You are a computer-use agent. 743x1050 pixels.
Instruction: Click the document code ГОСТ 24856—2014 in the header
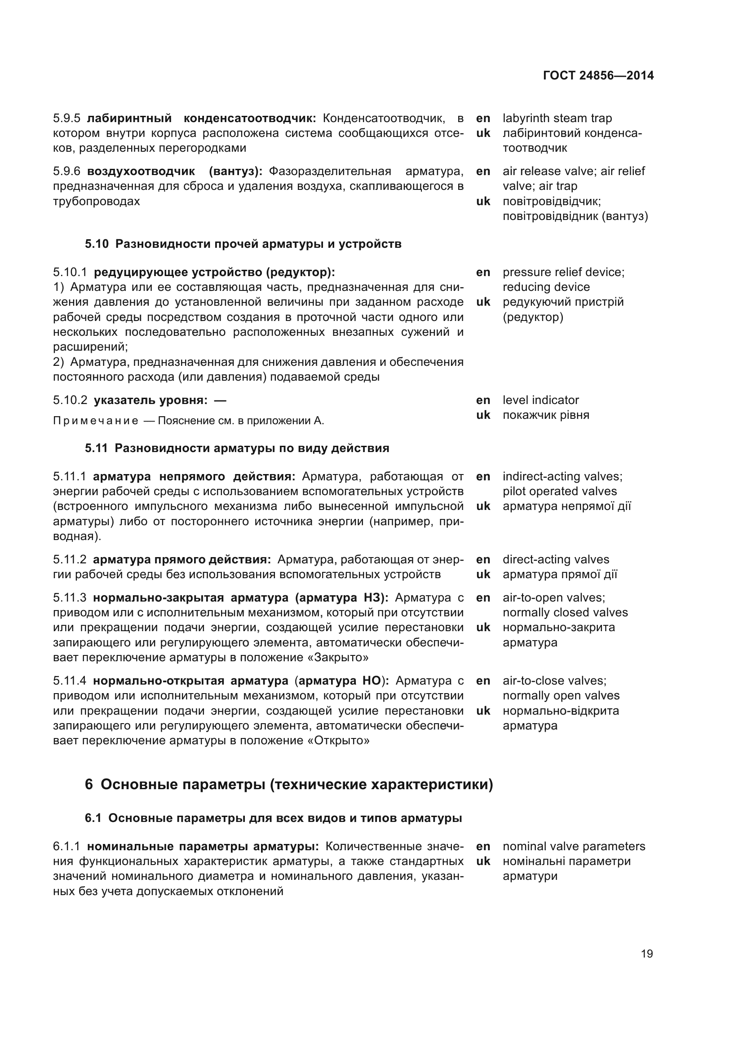tap(598, 75)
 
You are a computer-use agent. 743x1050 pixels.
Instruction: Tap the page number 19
tap(646, 953)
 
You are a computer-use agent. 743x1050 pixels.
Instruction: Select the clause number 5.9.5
tap(67, 119)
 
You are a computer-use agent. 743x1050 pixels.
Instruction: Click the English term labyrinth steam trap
tap(557, 119)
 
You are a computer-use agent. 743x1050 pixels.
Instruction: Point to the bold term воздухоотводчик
tap(141, 171)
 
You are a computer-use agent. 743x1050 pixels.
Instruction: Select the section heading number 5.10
tap(97, 244)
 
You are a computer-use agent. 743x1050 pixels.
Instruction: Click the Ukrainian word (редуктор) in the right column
tap(533, 317)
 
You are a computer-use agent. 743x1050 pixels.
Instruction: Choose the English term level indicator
tap(540, 400)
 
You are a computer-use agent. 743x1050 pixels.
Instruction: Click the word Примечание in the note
tap(96, 421)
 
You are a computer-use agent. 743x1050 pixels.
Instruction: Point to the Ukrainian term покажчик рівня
tap(545, 415)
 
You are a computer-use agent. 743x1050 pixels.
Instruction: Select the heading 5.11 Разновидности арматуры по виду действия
tap(237, 448)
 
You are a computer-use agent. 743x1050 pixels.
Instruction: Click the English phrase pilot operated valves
tap(560, 492)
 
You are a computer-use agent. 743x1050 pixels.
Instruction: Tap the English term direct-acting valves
tap(555, 560)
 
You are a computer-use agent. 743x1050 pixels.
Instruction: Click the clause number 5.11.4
tap(70, 681)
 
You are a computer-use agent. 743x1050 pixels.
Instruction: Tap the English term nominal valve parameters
tap(574, 847)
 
